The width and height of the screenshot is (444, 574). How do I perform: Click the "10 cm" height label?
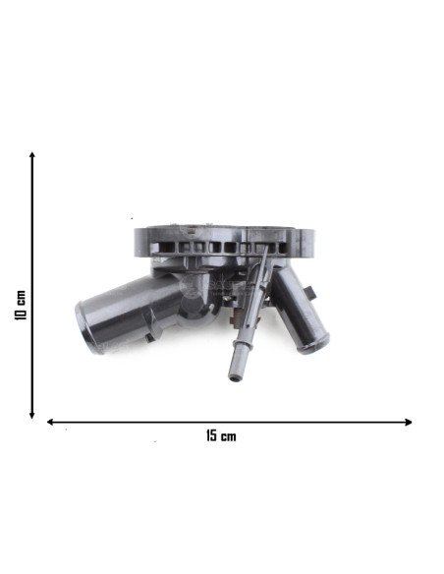coord(21,305)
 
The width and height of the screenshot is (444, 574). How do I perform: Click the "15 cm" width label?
coord(221,436)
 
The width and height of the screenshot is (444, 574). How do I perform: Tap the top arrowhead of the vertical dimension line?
coord(32,155)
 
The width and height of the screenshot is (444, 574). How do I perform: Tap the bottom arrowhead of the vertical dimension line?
coord(32,415)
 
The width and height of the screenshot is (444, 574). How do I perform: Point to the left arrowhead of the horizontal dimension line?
coord(50,422)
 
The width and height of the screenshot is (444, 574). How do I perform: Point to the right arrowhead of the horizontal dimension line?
coord(409,422)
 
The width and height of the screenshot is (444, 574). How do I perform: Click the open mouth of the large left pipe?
coord(84,328)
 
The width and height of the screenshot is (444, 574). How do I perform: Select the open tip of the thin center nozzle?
coord(234,377)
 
